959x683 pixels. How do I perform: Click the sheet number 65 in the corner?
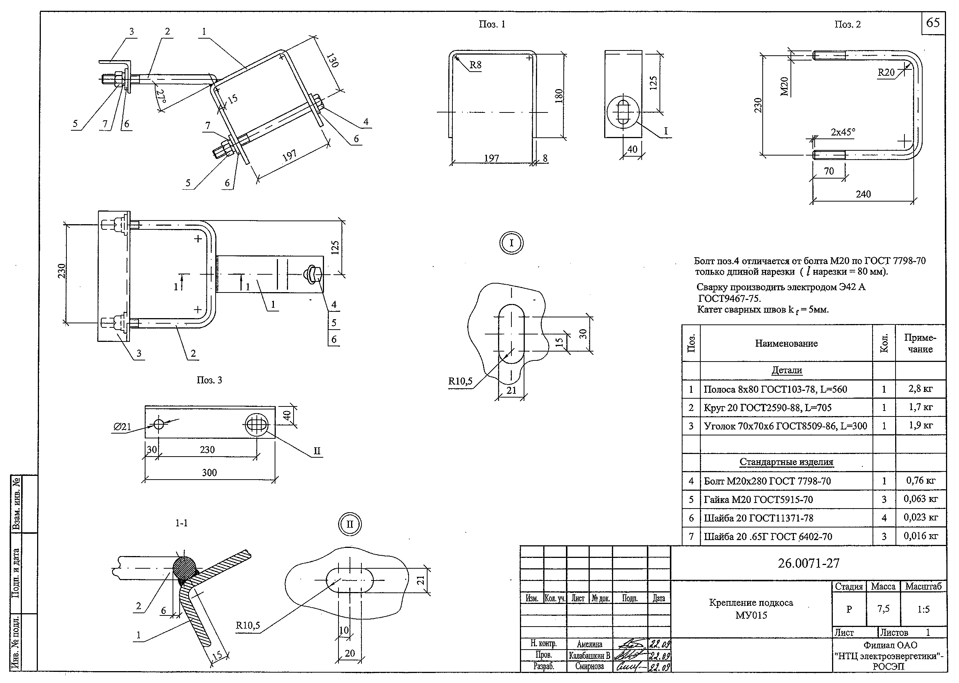[933, 22]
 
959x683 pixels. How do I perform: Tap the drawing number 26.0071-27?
[808, 563]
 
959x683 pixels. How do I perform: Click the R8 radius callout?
[475, 65]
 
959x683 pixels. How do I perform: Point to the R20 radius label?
[886, 72]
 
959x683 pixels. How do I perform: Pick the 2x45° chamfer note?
[842, 132]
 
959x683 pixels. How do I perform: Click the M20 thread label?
[784, 86]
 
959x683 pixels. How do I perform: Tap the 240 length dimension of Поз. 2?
[863, 194]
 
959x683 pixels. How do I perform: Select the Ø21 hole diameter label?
[122, 427]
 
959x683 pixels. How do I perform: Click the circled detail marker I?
[511, 243]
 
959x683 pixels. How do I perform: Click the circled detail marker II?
[350, 524]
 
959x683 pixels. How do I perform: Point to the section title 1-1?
[181, 523]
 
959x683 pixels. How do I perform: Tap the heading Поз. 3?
[209, 380]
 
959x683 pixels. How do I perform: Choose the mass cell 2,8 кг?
[920, 389]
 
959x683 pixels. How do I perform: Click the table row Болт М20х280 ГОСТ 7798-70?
[767, 481]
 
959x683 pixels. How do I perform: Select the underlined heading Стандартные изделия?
[786, 462]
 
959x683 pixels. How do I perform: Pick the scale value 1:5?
[923, 610]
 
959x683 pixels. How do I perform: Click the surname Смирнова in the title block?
[589, 666]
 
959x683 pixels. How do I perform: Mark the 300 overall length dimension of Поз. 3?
[209, 472]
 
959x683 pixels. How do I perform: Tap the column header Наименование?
[786, 343]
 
